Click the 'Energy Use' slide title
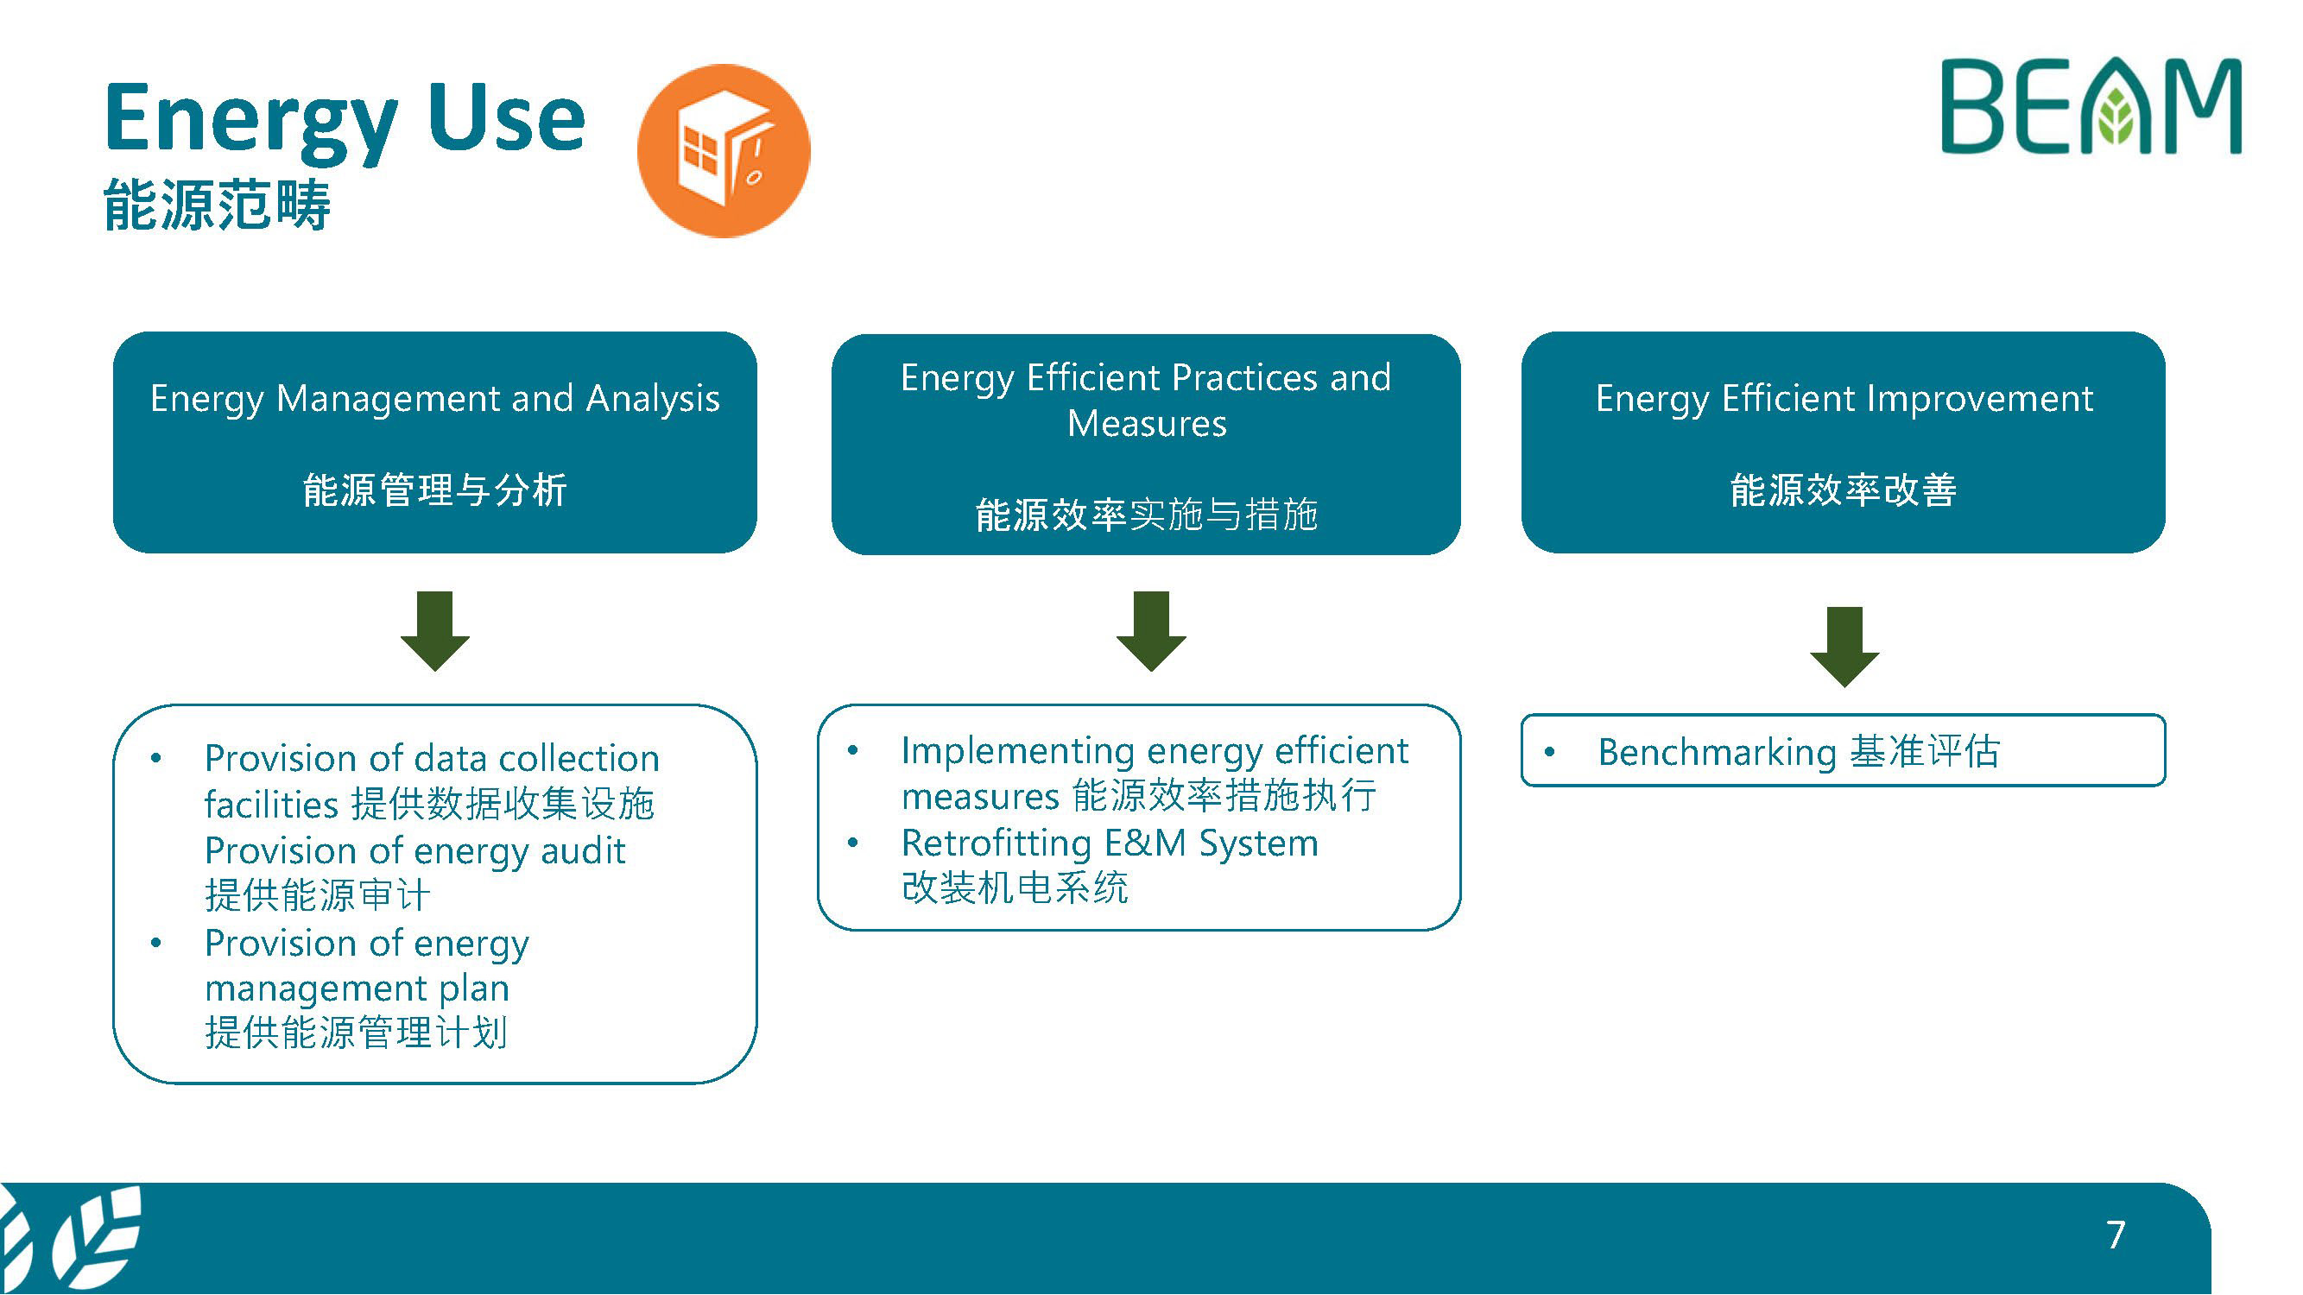tap(345, 119)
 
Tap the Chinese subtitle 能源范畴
tap(218, 205)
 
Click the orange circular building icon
tap(724, 151)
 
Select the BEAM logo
tap(2091, 107)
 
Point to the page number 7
tap(2116, 1235)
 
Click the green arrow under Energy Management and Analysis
tap(434, 630)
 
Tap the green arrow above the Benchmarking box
tap(1844, 646)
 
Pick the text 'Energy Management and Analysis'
tap(434, 399)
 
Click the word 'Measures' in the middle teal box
tap(1147, 424)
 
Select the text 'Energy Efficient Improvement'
tap(1844, 399)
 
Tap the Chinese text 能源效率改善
tap(1844, 490)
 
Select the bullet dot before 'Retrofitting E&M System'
tap(854, 843)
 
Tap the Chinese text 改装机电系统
tap(1015, 888)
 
